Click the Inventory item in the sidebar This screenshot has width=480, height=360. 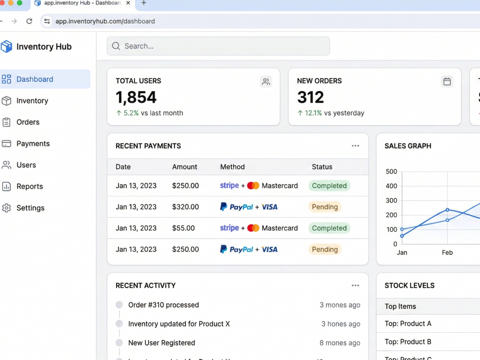tap(32, 101)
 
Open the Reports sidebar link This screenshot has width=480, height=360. tap(30, 186)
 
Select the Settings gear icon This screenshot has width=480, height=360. tap(6, 208)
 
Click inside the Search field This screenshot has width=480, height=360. tap(218, 46)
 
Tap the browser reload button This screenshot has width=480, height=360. tap(29, 21)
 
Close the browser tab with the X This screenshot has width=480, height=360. tap(128, 3)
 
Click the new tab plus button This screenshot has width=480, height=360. tap(144, 3)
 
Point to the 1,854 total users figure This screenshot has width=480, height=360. tap(136, 97)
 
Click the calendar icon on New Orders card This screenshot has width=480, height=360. tap(447, 82)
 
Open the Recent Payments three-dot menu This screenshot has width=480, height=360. tap(355, 146)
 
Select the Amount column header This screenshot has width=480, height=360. tap(185, 167)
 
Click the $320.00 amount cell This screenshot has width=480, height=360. tap(185, 207)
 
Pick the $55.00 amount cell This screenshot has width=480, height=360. tap(183, 228)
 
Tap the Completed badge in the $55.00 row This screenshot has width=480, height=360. tap(329, 228)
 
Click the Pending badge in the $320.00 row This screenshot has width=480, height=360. tap(325, 207)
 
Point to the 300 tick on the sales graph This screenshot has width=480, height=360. tap(391, 201)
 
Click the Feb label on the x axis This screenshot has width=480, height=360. tap(447, 252)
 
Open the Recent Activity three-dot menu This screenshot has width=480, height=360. tap(355, 285)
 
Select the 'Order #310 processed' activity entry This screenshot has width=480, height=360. tap(164, 305)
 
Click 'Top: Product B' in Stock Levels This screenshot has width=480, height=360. tap(408, 342)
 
